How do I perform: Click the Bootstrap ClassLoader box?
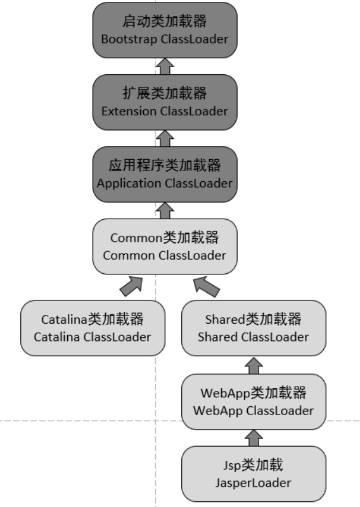(x=164, y=30)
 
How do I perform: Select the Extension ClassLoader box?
(x=164, y=102)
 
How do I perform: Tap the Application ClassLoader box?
(x=164, y=174)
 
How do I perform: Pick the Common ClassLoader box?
(x=164, y=247)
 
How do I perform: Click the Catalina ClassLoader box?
(x=93, y=328)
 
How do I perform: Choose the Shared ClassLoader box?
(x=253, y=328)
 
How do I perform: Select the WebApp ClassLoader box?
(x=253, y=402)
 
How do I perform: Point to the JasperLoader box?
(x=253, y=474)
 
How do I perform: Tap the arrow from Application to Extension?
(x=164, y=138)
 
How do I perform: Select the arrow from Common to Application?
(x=164, y=210)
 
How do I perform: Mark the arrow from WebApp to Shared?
(x=253, y=364)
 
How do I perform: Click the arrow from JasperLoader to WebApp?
(x=253, y=438)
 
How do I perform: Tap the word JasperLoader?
(x=253, y=483)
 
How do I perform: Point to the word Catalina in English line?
(x=57, y=337)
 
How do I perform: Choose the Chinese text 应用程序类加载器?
(x=164, y=165)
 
